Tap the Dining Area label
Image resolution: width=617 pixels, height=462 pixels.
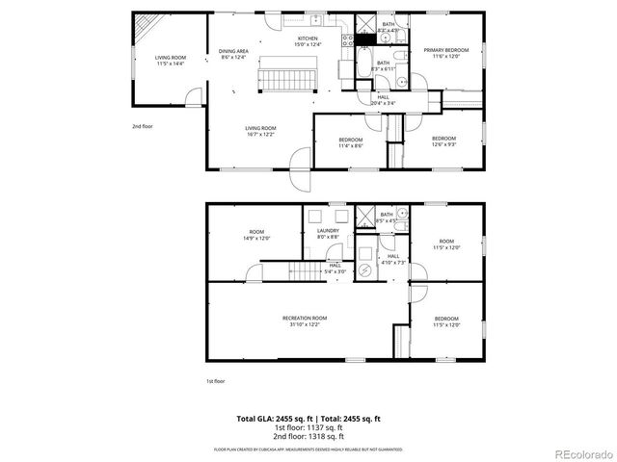point(233,54)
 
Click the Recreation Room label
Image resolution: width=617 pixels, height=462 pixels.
point(305,321)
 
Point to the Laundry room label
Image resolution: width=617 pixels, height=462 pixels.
point(327,234)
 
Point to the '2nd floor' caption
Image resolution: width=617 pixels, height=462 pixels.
point(143,126)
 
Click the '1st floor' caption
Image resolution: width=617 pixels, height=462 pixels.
point(216,381)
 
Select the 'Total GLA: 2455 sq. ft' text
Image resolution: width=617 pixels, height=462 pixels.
point(272,419)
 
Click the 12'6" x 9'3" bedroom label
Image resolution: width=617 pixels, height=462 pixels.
point(443,141)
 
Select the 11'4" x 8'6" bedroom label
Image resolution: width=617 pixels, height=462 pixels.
point(350,142)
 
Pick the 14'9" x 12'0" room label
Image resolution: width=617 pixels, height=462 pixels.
point(256,235)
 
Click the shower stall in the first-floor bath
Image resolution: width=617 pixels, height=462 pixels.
point(364,217)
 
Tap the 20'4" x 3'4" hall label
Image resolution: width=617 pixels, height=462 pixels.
point(383,100)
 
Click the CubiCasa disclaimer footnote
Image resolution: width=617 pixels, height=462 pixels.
point(308,449)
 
